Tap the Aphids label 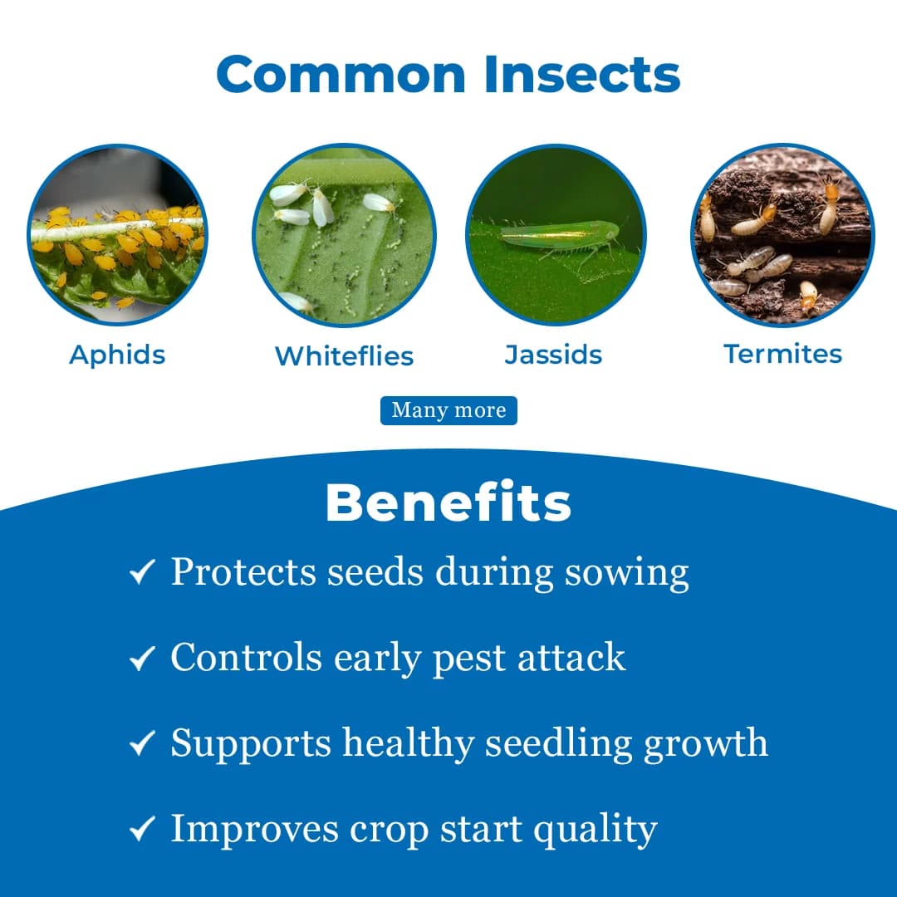click(x=117, y=355)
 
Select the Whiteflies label click(x=344, y=356)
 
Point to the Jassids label click(x=553, y=355)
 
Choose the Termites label click(x=782, y=354)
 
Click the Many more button click(x=448, y=410)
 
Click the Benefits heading click(x=448, y=503)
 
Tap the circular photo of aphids click(x=117, y=236)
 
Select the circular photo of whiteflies click(x=344, y=236)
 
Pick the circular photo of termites click(x=782, y=236)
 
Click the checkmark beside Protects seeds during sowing click(x=143, y=573)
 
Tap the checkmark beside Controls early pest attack click(x=143, y=659)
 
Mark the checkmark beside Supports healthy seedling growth click(x=143, y=743)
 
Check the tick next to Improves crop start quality click(x=143, y=829)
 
